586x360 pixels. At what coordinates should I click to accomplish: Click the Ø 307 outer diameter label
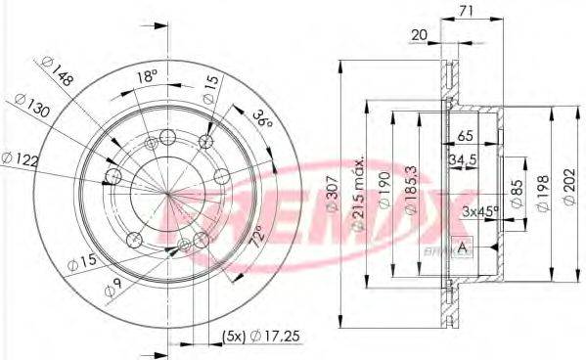tap(334, 194)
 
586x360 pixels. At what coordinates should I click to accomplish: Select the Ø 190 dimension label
tap(384, 190)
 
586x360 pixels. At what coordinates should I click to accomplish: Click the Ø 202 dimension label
tap(569, 187)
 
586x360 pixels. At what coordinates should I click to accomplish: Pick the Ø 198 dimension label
tap(543, 193)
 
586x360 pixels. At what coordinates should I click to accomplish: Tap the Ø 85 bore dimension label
tap(517, 194)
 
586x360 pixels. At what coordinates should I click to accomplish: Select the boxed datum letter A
tap(463, 247)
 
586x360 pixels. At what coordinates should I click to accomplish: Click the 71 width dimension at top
tap(466, 11)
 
